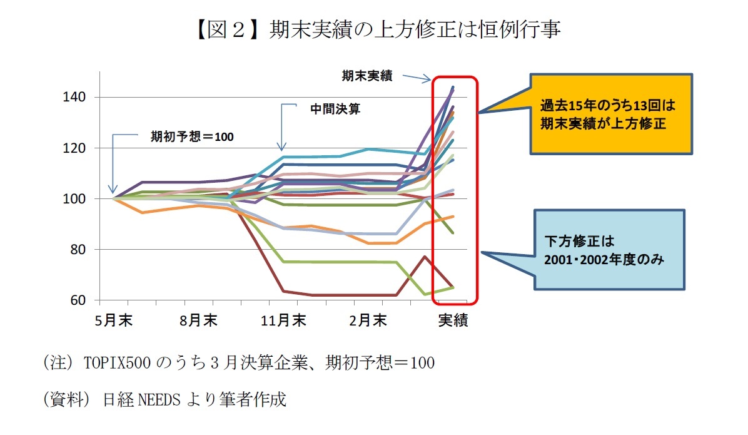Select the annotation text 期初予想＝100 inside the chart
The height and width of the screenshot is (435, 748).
[191, 136]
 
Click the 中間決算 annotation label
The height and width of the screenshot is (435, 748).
[335, 108]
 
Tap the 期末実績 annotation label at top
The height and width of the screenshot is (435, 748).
[366, 76]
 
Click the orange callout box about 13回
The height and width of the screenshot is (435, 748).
[611, 114]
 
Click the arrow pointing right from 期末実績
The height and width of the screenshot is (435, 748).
[417, 78]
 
